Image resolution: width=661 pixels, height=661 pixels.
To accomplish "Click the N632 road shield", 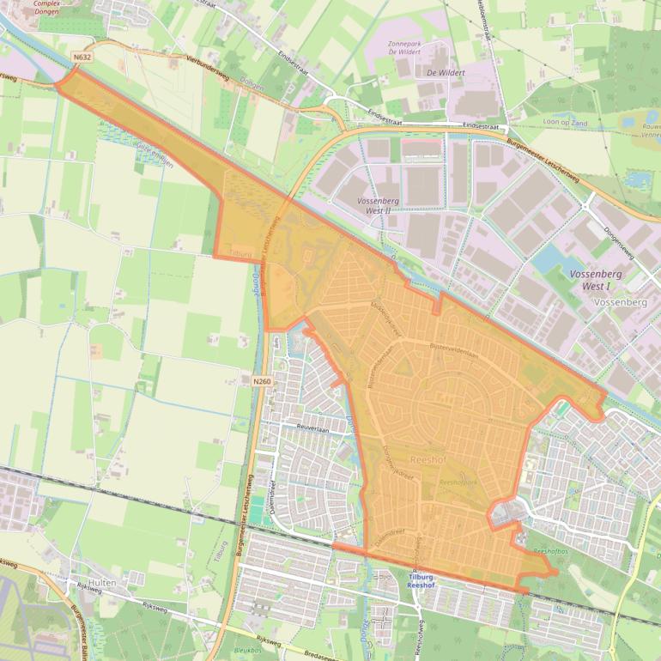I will pos(82,58).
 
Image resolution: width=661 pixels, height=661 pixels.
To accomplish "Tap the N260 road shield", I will pos(263,379).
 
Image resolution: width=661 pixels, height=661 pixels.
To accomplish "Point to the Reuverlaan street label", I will pos(313,422).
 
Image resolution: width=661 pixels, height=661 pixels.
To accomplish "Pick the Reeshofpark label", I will pos(458,483).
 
